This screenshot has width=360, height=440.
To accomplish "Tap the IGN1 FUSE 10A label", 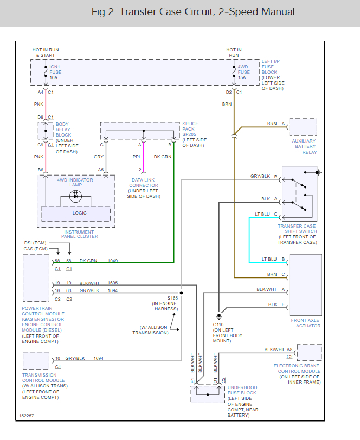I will (x=55, y=72).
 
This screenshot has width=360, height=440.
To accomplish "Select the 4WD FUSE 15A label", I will (x=244, y=72).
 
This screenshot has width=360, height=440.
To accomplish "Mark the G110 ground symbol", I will (x=219, y=316).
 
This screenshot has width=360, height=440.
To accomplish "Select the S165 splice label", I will (x=172, y=298).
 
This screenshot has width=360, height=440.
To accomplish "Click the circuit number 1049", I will (x=112, y=261).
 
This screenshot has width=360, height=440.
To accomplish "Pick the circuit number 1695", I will (x=112, y=283).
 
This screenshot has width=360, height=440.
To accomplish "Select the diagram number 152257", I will (x=25, y=416).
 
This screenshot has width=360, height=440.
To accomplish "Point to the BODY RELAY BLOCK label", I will (x=63, y=130).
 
